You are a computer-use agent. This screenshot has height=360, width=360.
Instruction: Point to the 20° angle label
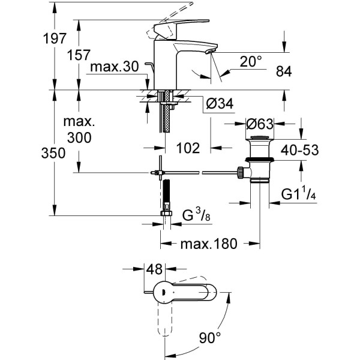251,61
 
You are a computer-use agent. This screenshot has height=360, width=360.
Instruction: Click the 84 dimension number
283,71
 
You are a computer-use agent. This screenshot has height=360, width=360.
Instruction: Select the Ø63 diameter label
260,124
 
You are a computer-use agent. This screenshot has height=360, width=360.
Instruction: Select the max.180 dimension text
209,244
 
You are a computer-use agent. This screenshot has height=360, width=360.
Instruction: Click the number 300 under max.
80,137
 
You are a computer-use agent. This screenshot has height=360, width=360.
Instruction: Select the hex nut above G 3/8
167,214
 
